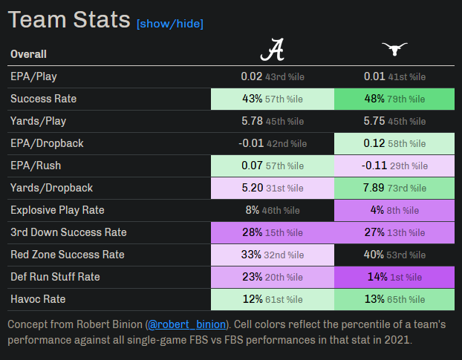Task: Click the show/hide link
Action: coord(169,24)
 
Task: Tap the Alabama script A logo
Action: coord(273,50)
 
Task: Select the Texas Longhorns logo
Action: coord(395,50)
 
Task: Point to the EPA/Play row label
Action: coord(34,76)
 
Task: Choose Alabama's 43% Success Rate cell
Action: coord(273,99)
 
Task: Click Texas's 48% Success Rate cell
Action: coord(395,99)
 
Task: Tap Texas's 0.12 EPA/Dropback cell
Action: coord(395,143)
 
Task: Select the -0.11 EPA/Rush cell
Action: coord(395,166)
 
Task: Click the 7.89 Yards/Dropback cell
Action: coord(395,188)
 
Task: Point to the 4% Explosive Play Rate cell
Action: coord(395,210)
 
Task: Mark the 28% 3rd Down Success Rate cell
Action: coord(273,232)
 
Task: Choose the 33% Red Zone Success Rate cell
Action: coord(273,255)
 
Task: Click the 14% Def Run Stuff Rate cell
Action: coord(395,277)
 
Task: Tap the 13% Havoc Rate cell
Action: coord(395,299)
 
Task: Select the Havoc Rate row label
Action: coord(38,299)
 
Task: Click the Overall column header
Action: coord(28,54)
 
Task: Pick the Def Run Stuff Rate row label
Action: coord(55,277)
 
